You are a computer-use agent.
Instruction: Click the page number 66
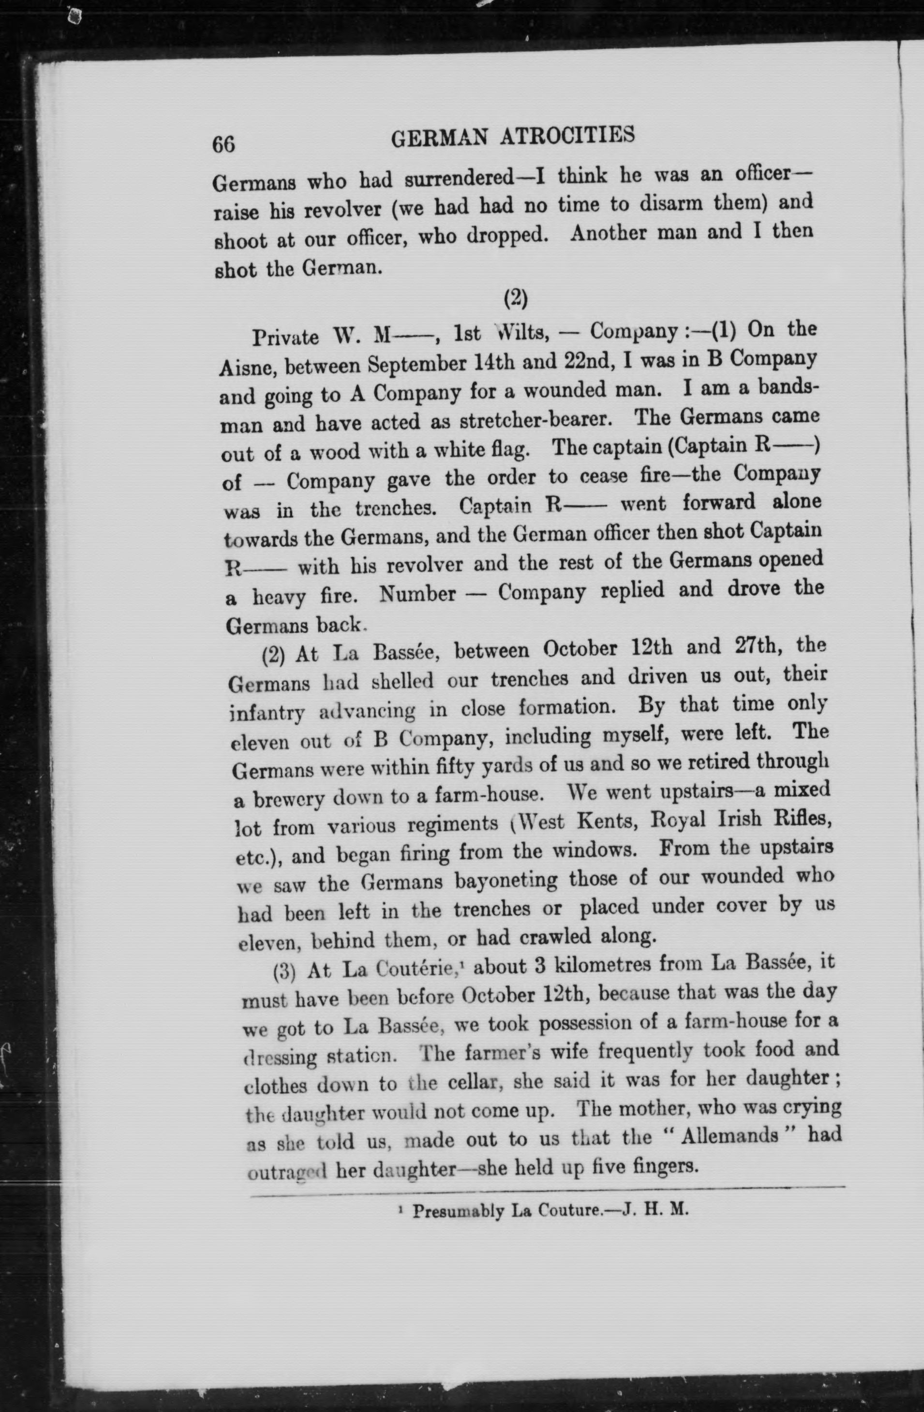(x=224, y=144)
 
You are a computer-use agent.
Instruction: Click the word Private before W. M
(x=285, y=338)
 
